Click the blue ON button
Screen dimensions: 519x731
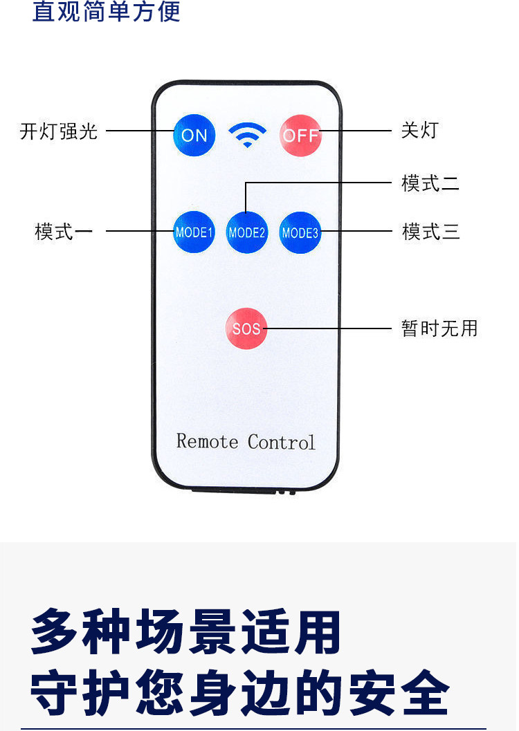pos(194,135)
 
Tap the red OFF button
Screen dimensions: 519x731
pos(301,135)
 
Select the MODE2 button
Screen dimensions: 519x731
pos(246,232)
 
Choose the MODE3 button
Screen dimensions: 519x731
pos(300,232)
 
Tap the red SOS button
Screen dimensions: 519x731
pos(246,329)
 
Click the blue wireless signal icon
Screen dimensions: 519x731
pos(248,135)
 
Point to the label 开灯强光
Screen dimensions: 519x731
pos(59,131)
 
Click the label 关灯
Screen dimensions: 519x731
pos(419,130)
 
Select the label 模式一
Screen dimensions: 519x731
pos(64,231)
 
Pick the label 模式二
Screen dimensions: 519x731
pos(430,183)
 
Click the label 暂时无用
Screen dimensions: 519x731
pos(439,329)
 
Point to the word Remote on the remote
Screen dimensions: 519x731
pos(207,441)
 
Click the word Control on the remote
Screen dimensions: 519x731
pos(281,442)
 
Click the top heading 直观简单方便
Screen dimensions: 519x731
pos(107,11)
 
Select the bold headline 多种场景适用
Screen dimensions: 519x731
pos(185,631)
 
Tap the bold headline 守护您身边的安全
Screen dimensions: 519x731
pos(239,692)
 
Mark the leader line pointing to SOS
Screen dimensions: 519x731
pos(327,329)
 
